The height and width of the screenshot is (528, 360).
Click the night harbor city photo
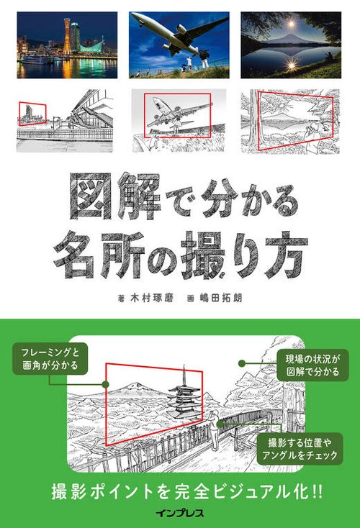(x=67, y=45)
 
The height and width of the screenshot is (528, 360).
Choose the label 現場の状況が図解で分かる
(x=312, y=365)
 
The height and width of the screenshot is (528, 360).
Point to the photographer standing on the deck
(x=212, y=425)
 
